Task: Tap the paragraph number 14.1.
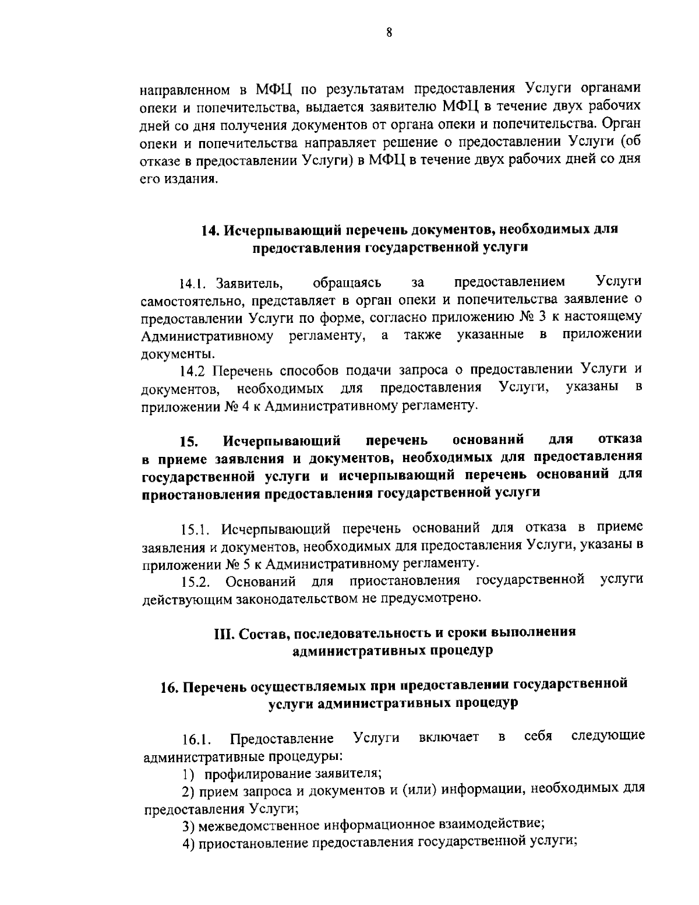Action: tap(193, 284)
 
